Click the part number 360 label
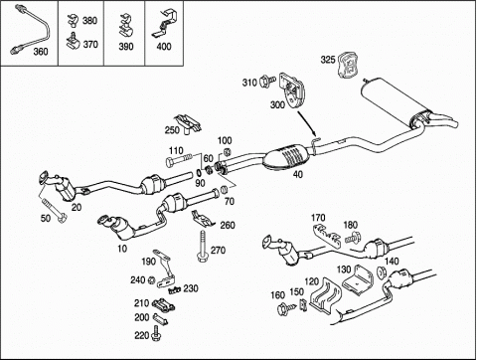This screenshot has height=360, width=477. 41,52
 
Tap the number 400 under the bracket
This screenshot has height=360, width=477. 164,47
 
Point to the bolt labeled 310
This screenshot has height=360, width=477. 267,82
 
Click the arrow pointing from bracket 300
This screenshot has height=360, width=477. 308,123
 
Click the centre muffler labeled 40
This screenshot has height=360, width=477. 287,156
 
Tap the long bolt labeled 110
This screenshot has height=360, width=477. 179,160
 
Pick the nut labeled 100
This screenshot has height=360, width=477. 227,152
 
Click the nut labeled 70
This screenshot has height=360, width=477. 224,190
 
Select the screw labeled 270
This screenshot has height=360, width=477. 202,246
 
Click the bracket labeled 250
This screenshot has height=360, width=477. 188,123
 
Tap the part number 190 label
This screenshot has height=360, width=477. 148,262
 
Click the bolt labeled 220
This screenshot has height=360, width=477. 156,333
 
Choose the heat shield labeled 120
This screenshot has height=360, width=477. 325,296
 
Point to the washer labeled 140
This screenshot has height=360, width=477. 382,271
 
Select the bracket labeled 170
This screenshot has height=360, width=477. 327,235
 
